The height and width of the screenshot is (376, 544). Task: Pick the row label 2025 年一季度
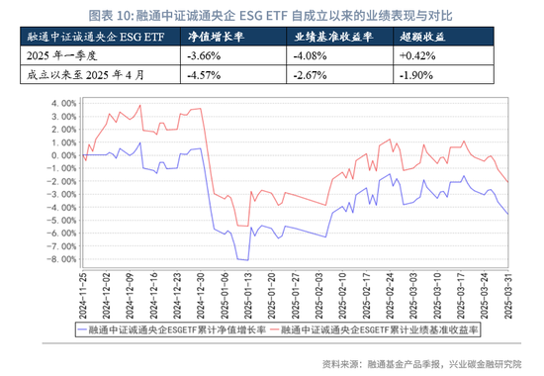click(60, 55)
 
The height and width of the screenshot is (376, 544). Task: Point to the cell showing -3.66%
click(204, 55)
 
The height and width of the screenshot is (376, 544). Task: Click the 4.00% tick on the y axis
click(60, 102)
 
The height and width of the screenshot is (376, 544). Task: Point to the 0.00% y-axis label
click(60, 154)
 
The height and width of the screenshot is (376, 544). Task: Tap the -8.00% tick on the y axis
click(58, 259)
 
